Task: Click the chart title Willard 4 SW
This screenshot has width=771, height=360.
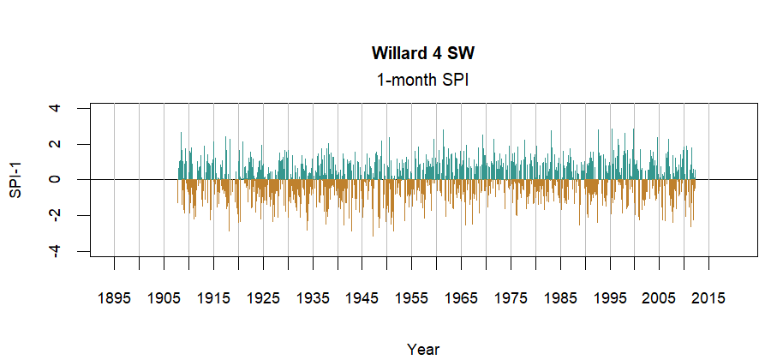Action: click(422, 53)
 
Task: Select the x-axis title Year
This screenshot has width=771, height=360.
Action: click(423, 349)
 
